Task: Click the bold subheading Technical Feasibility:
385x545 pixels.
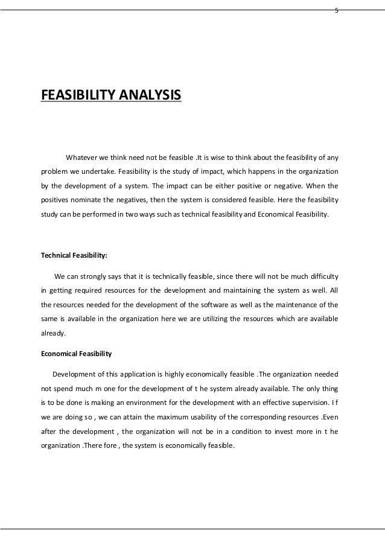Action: tap(74, 255)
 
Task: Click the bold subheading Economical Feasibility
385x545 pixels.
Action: tap(72, 353)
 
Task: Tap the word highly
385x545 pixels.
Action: tap(187, 375)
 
